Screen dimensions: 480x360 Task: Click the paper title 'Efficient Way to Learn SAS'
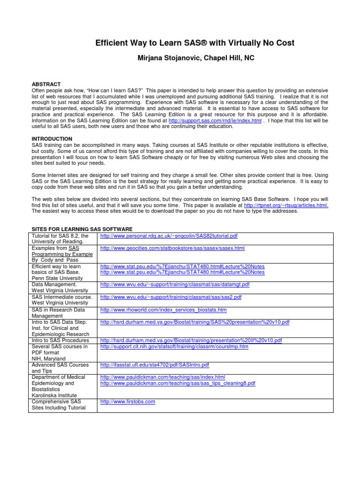195,43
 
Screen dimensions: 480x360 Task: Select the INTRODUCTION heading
52,139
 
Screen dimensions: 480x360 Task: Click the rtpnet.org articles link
286,205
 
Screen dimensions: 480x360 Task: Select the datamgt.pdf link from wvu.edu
175,285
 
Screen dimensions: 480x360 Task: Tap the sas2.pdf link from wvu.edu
171,297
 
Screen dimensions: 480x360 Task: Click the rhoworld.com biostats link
163,310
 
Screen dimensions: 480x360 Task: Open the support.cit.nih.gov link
174,347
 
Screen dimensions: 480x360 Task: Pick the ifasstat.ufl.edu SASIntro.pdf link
155,365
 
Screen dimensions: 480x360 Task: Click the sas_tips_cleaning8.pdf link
178,383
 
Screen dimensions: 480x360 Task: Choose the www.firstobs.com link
127,402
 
